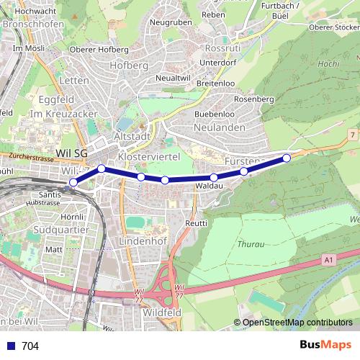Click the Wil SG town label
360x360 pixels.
coord(71,153)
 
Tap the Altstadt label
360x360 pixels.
coord(132,137)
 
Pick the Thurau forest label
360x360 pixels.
coord(251,244)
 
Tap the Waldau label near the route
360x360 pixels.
coord(207,186)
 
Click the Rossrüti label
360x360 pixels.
coord(222,48)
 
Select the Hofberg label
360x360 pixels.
coord(129,66)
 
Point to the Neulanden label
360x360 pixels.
coord(219,127)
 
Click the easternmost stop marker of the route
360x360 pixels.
coord(287,158)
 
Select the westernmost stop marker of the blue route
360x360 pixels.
coord(73,182)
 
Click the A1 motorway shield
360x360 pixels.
coord(329,258)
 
